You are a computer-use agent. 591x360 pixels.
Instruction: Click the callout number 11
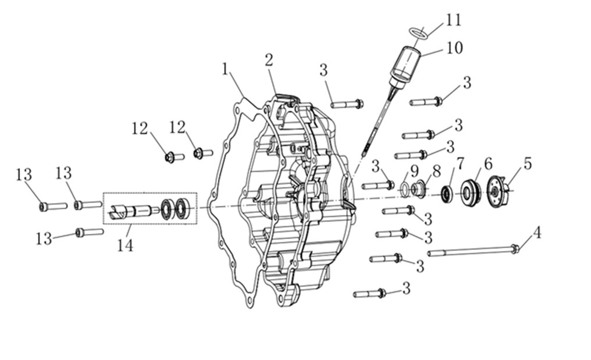(453, 20)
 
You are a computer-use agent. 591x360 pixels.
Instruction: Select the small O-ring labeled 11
(418, 33)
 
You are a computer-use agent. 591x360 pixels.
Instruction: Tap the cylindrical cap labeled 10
(405, 66)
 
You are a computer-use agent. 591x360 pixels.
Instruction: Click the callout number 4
(537, 233)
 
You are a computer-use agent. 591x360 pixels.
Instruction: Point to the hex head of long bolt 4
(515, 248)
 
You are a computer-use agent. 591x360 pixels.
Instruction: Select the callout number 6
(488, 164)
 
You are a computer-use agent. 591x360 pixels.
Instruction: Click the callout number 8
(436, 171)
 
